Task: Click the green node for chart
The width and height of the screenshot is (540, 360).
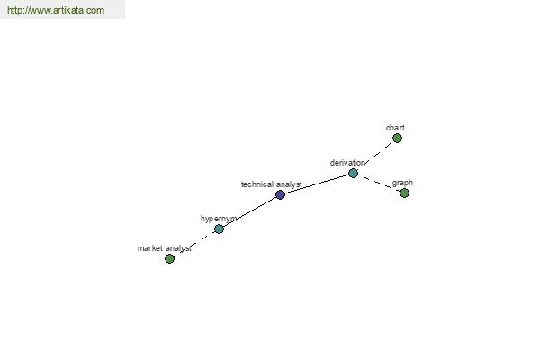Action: (x=397, y=138)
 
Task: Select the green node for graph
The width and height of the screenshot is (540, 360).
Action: (x=404, y=193)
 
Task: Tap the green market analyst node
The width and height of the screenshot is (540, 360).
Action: (x=169, y=258)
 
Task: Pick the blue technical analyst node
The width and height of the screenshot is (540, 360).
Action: (x=280, y=194)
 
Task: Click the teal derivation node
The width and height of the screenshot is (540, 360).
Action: (x=353, y=174)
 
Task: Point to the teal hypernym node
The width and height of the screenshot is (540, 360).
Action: (x=219, y=229)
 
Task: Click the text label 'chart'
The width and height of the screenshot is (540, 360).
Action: (x=395, y=128)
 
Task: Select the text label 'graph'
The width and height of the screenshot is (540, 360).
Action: (x=402, y=183)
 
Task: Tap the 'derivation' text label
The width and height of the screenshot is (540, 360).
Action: (x=347, y=163)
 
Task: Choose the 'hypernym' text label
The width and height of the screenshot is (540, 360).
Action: (x=219, y=219)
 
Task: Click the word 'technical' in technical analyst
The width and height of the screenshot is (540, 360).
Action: (x=257, y=184)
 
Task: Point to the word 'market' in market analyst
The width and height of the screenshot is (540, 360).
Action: (x=149, y=248)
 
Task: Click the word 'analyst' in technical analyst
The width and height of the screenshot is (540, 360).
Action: (x=289, y=184)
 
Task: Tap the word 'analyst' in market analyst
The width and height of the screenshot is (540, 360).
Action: (x=178, y=248)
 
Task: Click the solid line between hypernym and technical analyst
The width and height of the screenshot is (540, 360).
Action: (x=249, y=211)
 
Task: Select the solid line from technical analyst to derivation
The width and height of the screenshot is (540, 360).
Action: (x=317, y=184)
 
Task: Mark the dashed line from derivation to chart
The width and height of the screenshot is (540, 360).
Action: (x=378, y=153)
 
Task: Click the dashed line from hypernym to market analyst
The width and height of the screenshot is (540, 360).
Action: (x=196, y=242)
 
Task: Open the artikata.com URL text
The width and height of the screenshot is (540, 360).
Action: (x=56, y=10)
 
